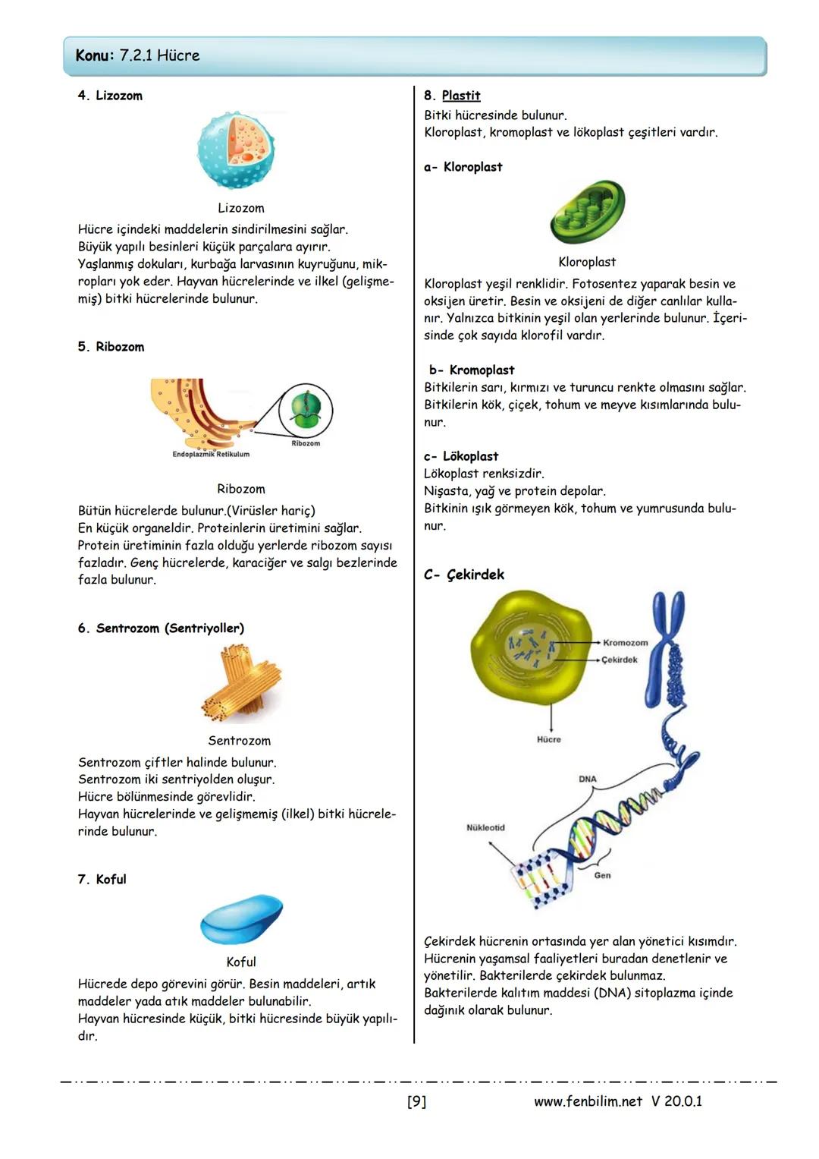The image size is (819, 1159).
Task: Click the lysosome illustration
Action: [236, 150]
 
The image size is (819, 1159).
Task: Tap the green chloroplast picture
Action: [588, 213]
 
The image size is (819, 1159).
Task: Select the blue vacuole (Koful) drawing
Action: [241, 918]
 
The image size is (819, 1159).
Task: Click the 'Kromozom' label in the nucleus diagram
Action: [625, 643]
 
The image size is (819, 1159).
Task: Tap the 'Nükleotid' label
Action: [485, 827]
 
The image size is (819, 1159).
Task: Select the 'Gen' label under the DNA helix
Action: [602, 875]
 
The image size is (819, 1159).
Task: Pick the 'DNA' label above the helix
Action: [588, 779]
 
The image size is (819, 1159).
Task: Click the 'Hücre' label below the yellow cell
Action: [549, 739]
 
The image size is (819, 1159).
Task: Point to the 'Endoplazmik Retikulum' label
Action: [211, 455]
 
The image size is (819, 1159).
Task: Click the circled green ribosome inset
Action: [306, 411]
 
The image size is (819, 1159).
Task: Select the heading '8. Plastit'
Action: [452, 96]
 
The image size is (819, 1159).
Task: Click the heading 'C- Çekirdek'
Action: [464, 575]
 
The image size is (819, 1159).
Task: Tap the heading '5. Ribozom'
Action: [111, 347]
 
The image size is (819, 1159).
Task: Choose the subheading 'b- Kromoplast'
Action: [472, 370]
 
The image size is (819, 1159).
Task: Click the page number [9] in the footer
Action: [416, 1101]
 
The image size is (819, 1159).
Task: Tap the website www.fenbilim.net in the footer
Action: [588, 1101]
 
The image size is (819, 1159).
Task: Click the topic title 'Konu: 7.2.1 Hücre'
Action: [137, 55]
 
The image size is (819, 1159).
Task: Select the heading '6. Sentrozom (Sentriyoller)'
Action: [161, 628]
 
